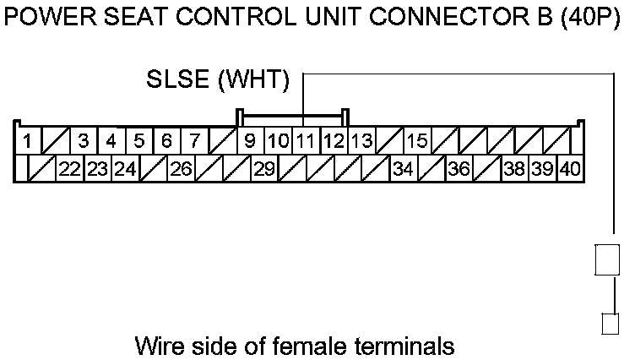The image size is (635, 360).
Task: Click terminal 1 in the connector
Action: [x=28, y=140]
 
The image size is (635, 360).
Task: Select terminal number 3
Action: [x=84, y=140]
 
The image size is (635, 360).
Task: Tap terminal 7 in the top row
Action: [x=194, y=140]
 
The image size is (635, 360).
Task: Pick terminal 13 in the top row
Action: [x=361, y=140]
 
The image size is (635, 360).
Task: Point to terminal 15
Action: [x=417, y=140]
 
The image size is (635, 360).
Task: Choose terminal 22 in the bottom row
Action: [x=70, y=169]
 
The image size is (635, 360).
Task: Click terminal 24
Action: [x=126, y=169]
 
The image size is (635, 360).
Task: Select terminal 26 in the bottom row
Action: [x=181, y=169]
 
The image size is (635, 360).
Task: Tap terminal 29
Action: [x=264, y=169]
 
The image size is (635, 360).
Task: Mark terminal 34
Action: [x=403, y=169]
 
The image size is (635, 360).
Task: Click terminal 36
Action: [x=459, y=169]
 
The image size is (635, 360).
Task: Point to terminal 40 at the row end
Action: [x=570, y=169]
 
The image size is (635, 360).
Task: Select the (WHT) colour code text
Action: [x=253, y=81]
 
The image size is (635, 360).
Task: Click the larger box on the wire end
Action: [x=608, y=259]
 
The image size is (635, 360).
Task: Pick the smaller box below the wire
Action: [x=609, y=325]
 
